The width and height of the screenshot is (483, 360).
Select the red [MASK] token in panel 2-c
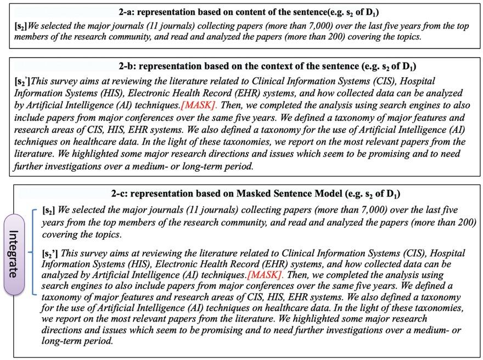(x=265, y=273)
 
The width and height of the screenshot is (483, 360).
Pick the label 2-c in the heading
(x=120, y=194)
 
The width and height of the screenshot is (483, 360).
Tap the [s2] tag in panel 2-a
(x=19, y=25)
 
